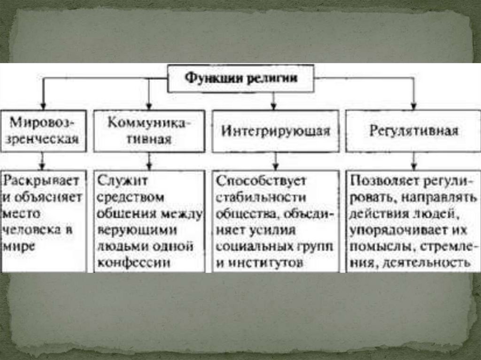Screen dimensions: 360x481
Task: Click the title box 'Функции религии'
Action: [x=241, y=78]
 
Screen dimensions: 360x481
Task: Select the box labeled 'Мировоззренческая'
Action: [x=43, y=131]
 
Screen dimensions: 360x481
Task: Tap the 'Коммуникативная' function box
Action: [x=149, y=131]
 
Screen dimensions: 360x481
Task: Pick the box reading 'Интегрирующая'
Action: [x=276, y=131]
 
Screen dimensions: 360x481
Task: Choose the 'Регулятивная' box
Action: [x=414, y=131]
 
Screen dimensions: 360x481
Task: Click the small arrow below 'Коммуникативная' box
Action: [x=149, y=165]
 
